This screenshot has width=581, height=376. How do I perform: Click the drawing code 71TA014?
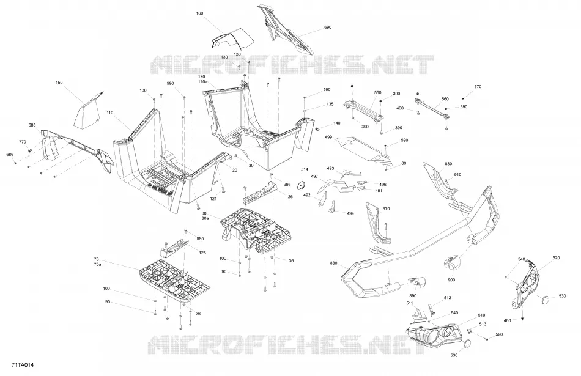tap(23, 365)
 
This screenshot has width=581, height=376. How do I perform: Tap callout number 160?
tap(199, 13)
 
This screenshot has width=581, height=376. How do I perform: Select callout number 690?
tap(328, 27)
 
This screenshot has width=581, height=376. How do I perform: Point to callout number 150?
tap(59, 83)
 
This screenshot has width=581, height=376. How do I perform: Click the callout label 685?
tap(32, 125)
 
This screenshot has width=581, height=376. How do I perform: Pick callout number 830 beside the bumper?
tap(333, 263)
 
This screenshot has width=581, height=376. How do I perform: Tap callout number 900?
tap(451, 279)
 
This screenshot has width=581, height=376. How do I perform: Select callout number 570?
tap(478, 87)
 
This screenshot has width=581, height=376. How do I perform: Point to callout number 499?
tap(328, 137)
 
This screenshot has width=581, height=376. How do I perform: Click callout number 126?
tap(289, 197)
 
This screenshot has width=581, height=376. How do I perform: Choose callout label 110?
tap(109, 112)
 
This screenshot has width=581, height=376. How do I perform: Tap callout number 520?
tap(556, 258)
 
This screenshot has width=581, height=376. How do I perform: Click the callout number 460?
tap(507, 321)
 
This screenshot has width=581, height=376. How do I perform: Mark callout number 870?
tap(386, 209)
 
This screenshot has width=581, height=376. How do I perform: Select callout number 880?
tap(448, 164)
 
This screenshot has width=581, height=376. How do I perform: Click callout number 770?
tap(23, 142)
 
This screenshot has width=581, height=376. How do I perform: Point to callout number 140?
tap(336, 123)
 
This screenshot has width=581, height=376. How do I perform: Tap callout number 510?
tap(481, 315)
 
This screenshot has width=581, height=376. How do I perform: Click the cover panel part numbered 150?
tap(88, 109)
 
